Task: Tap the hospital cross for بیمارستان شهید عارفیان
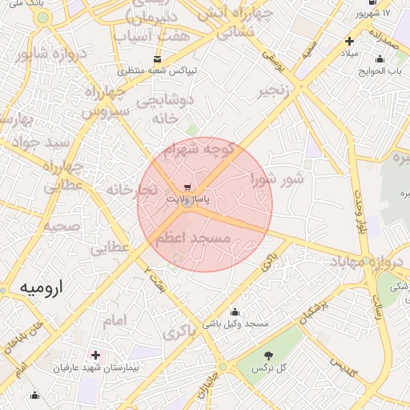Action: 96,355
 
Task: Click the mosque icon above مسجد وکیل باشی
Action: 235,312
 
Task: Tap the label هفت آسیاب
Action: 152,36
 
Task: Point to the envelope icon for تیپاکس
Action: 156,58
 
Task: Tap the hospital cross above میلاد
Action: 349,41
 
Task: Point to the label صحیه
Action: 61,226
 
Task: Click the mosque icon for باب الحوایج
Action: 380,58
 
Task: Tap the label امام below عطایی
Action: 115,320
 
